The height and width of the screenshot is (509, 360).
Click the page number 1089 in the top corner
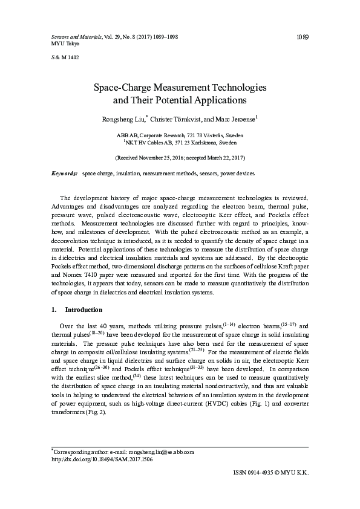click(x=303, y=37)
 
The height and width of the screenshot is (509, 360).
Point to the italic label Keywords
click(x=65, y=173)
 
